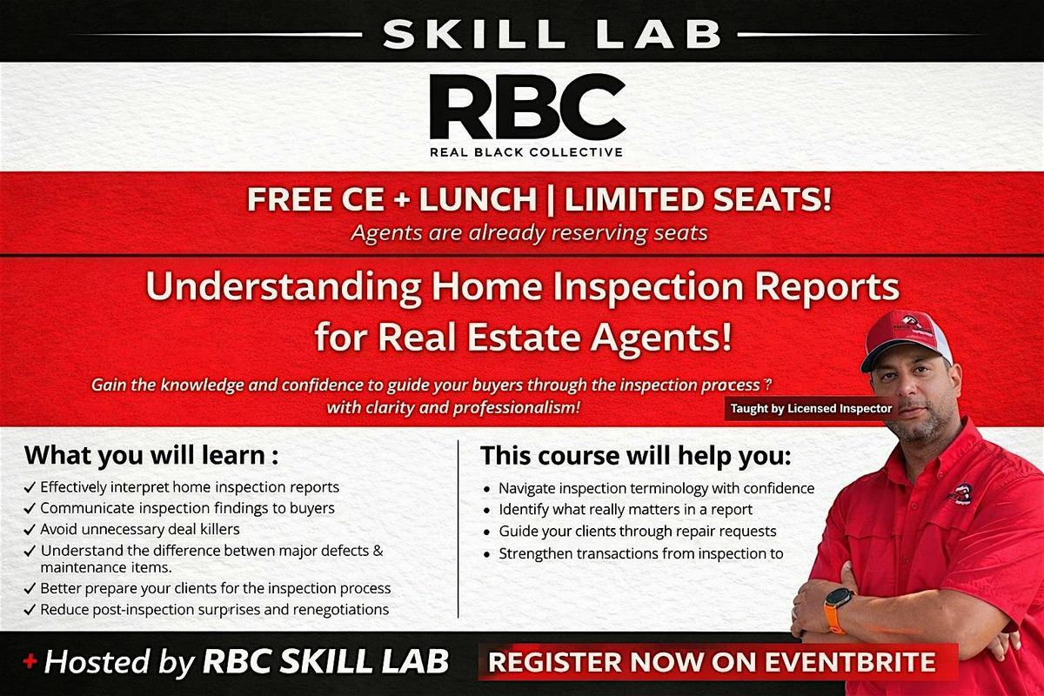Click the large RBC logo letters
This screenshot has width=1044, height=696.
527,107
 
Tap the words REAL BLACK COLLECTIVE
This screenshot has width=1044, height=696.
526,152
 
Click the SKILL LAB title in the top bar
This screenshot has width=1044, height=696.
552,34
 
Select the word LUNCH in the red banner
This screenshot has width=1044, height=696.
478,199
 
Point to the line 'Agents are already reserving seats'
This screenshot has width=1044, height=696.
529,232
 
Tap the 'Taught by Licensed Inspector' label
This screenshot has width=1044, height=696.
811,408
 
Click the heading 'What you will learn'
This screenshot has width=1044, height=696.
151,456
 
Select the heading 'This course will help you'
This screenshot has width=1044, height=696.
636,456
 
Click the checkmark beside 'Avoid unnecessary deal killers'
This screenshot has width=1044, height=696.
30,530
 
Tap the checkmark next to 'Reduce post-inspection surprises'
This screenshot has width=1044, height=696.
30,610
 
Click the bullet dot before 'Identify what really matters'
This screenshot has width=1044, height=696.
487,511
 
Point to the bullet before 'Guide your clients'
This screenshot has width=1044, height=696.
487,532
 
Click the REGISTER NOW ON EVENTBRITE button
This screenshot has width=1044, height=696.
718,662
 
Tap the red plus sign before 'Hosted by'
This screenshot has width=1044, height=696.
30,661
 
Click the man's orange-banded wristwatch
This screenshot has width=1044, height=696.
837,609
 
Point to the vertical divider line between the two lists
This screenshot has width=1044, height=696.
458,529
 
